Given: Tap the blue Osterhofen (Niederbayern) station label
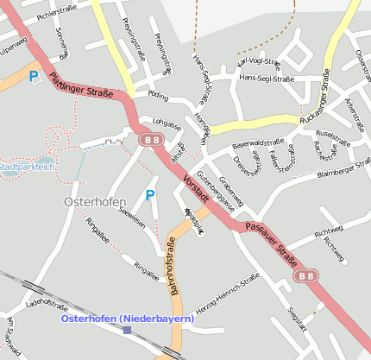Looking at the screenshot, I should [x=128, y=319].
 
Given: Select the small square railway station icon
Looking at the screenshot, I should [x=128, y=330].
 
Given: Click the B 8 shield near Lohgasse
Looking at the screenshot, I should [x=151, y=139].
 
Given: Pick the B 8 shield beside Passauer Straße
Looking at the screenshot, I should [x=305, y=275].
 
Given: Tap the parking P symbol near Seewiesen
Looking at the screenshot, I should [x=150, y=196].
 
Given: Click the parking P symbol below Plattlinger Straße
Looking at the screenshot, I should [x=35, y=77].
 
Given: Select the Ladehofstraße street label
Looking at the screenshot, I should [x=47, y=305].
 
